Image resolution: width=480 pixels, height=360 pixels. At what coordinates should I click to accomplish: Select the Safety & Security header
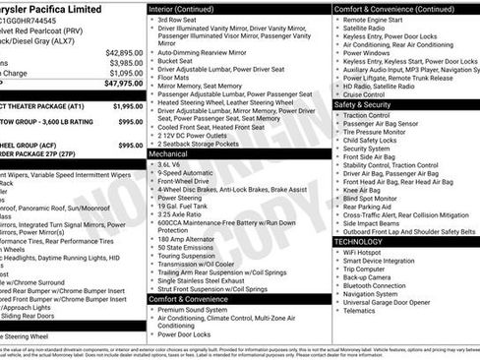pos(369,104)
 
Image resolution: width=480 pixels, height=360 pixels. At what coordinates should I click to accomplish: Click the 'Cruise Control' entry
pos(371,94)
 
